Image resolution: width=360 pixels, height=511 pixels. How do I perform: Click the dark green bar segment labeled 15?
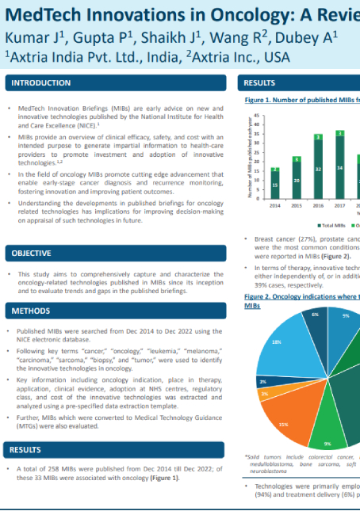pyautogui.click(x=275, y=185)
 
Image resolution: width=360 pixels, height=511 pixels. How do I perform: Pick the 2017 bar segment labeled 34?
pyautogui.click(x=339, y=167)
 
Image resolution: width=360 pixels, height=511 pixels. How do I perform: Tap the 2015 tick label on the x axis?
pyautogui.click(x=297, y=205)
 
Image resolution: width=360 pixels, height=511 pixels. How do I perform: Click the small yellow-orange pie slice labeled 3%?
pyautogui.click(x=265, y=394)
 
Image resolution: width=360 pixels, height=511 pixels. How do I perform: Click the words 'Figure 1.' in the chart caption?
pyautogui.click(x=258, y=101)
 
